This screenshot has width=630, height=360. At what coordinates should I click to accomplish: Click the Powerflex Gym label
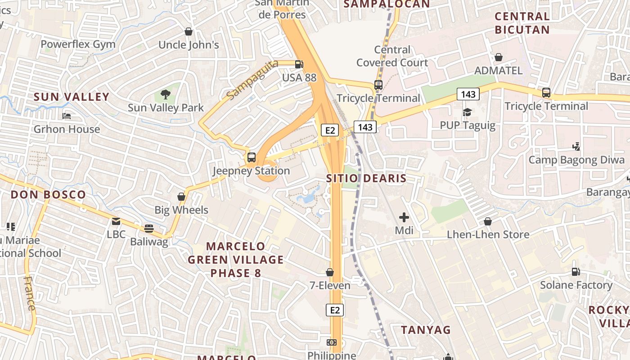click(x=78, y=44)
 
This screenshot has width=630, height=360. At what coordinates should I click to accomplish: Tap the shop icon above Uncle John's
click(x=189, y=31)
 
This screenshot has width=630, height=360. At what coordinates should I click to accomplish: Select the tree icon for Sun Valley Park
click(x=166, y=94)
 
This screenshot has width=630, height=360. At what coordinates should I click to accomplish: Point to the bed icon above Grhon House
click(x=67, y=116)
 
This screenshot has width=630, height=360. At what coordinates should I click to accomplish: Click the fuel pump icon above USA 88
click(x=299, y=64)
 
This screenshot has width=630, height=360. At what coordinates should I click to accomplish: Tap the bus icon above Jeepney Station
click(x=251, y=157)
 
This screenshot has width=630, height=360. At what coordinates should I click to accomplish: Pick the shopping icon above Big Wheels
click(x=181, y=197)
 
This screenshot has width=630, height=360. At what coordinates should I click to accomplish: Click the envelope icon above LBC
click(x=116, y=221)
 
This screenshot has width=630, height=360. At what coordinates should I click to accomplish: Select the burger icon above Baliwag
click(x=148, y=229)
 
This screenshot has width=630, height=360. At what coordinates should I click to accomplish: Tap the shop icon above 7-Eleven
click(x=330, y=272)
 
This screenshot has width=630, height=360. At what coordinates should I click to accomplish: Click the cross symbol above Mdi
click(x=404, y=218)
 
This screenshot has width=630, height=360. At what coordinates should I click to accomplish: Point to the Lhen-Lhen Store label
click(x=488, y=234)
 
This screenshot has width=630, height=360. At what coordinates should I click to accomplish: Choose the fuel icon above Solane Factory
click(x=576, y=272)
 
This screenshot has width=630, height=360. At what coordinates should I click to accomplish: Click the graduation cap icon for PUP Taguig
click(x=468, y=112)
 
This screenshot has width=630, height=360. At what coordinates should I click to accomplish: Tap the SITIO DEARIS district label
click(x=366, y=178)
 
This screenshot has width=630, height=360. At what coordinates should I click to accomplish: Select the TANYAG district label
click(x=426, y=330)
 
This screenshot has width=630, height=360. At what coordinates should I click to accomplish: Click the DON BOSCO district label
click(x=48, y=195)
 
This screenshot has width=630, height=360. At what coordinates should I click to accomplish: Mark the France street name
click(x=29, y=293)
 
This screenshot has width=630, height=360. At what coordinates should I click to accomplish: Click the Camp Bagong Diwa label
click(x=576, y=160)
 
